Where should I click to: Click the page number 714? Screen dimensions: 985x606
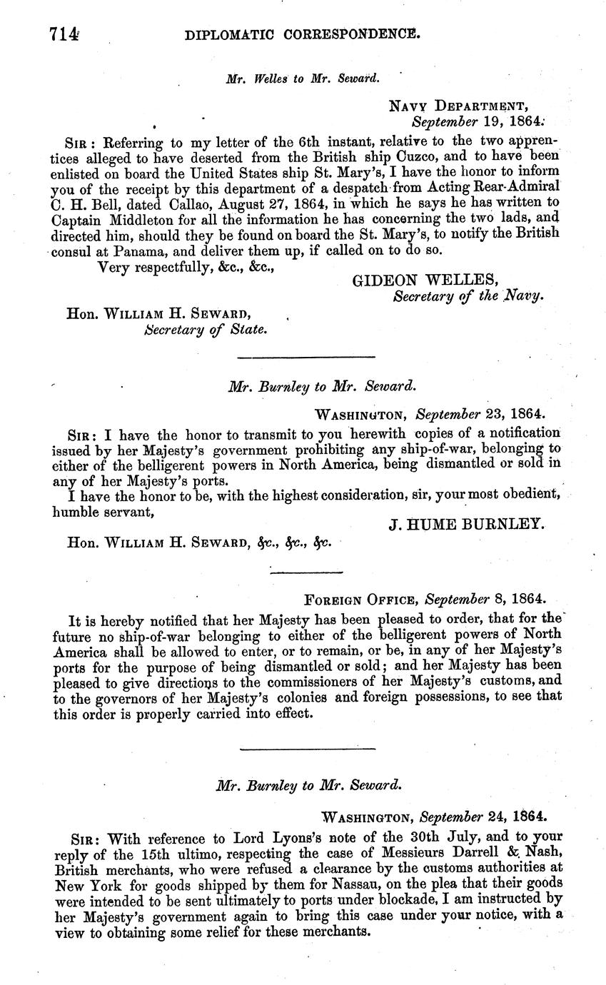click(x=64, y=34)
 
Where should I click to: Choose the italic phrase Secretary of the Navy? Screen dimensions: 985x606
click(x=468, y=296)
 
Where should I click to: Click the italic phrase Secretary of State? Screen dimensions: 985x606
click(x=206, y=329)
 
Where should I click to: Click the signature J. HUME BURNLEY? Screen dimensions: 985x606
click(x=466, y=525)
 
